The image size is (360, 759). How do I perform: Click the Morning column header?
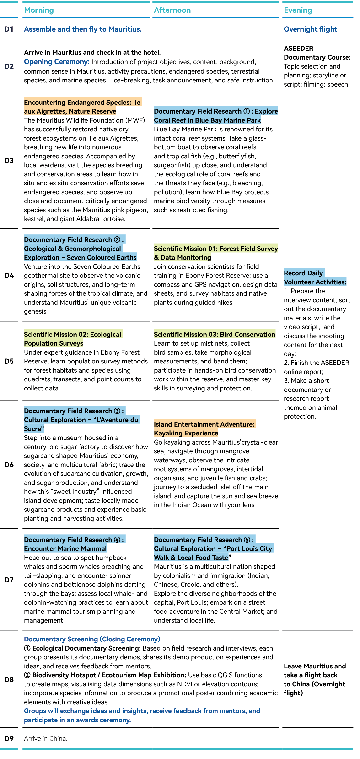tap(39, 10)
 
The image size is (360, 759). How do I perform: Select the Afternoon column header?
tap(172, 10)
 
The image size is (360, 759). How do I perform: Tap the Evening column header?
tap(298, 10)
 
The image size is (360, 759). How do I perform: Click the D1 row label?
tap(9, 29)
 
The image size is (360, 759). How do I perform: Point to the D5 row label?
tap(9, 361)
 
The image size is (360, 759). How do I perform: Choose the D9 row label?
tap(9, 738)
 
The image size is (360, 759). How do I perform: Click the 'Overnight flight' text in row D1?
tap(310, 29)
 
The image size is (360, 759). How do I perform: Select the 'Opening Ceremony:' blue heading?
tap(57, 62)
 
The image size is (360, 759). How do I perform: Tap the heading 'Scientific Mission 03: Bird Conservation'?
tap(214, 334)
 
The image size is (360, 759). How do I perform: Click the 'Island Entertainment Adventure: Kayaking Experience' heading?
tap(204, 429)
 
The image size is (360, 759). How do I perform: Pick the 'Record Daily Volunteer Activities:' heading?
tap(315, 277)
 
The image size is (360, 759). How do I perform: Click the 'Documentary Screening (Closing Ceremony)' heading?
tap(92, 639)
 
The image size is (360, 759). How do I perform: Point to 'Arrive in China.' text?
tap(46, 738)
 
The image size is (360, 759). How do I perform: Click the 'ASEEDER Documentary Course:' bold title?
tap(317, 53)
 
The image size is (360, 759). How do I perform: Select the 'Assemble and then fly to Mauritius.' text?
tap(82, 29)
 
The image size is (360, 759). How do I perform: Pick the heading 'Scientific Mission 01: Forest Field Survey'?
tap(216, 249)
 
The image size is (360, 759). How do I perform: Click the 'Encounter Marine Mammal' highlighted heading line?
tap(65, 549)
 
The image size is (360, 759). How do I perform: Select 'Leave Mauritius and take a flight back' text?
tap(315, 671)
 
